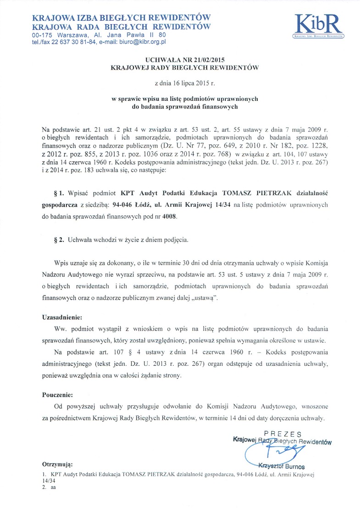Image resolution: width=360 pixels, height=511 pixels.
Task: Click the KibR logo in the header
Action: point(318,25)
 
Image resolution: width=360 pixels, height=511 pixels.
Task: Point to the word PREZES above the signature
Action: point(282,434)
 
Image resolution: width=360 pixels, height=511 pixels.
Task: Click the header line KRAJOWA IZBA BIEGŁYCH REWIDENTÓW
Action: point(121,18)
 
